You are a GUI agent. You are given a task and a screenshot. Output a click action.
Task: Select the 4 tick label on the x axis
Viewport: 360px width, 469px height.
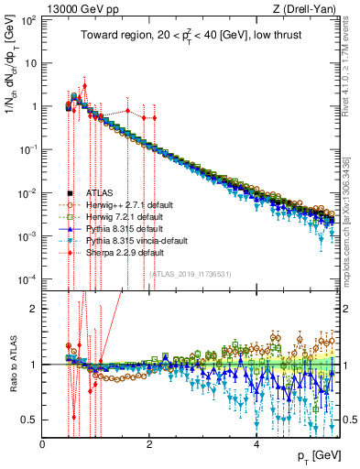tap(256, 444)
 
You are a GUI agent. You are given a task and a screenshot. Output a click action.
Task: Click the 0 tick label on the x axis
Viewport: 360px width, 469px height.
tap(43, 444)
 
